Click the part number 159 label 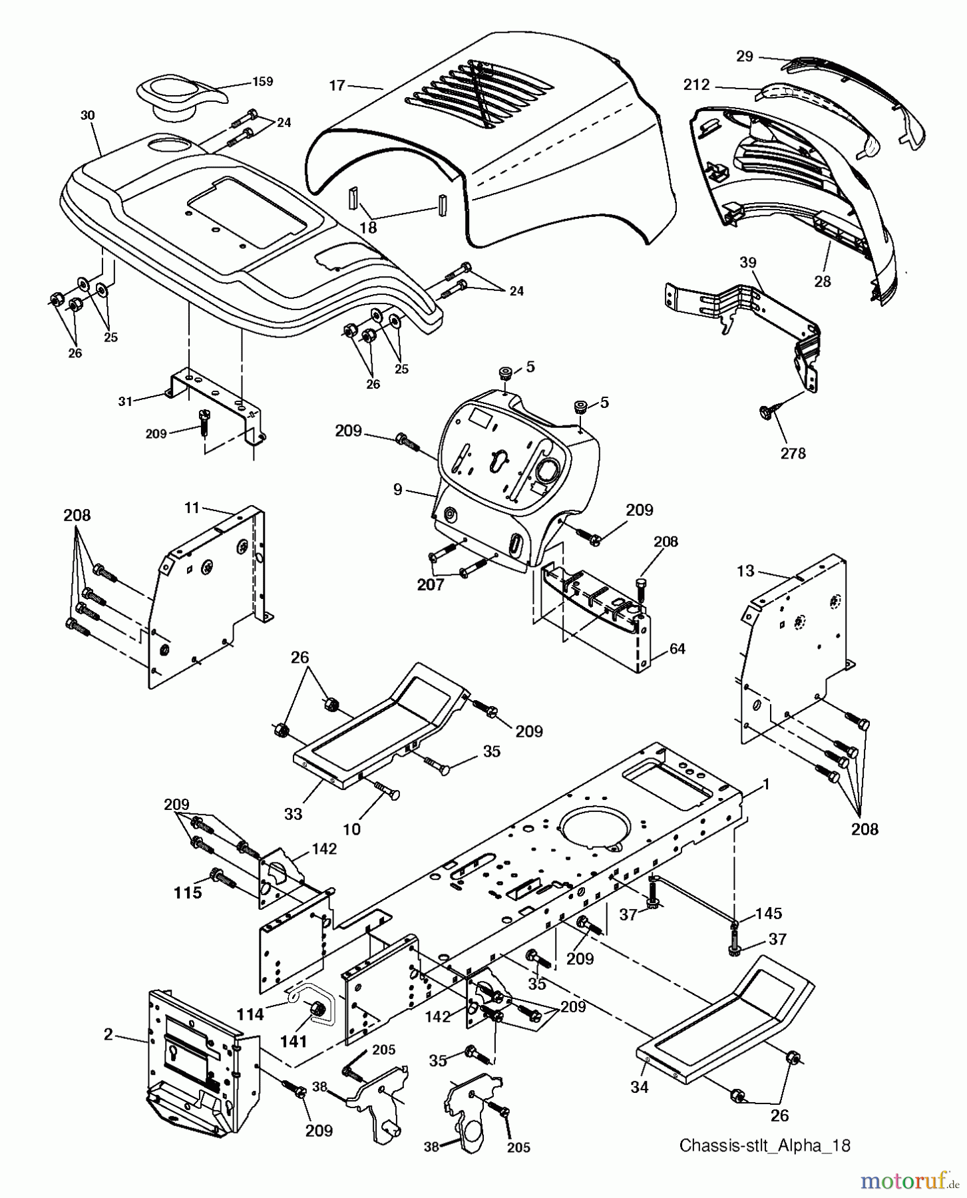pyautogui.click(x=262, y=82)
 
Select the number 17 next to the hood pyautogui.click(x=337, y=85)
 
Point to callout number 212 pyautogui.click(x=697, y=85)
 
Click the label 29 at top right pyautogui.click(x=745, y=57)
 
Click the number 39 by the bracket pyautogui.click(x=748, y=263)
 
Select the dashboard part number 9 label pyautogui.click(x=397, y=490)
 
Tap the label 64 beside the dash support pyautogui.click(x=677, y=648)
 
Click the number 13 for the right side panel pyautogui.click(x=746, y=571)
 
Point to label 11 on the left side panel pyautogui.click(x=192, y=508)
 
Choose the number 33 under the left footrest pyautogui.click(x=293, y=813)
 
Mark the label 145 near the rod pyautogui.click(x=769, y=913)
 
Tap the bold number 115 pyautogui.click(x=188, y=893)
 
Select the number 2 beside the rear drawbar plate pyautogui.click(x=108, y=1034)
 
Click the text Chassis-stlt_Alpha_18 pyautogui.click(x=765, y=1145)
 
